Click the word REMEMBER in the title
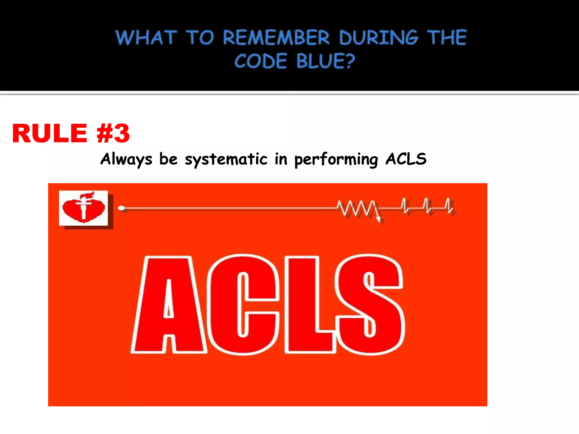point(276,38)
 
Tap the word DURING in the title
point(378,38)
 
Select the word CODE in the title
point(260,61)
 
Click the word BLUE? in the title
point(326,61)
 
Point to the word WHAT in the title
point(146,38)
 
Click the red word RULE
point(49,133)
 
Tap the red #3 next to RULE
point(113,133)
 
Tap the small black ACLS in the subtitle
point(406,159)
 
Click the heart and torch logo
point(83,208)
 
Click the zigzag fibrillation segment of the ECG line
point(357,209)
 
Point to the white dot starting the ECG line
point(121,208)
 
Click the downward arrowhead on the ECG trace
point(378,220)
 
